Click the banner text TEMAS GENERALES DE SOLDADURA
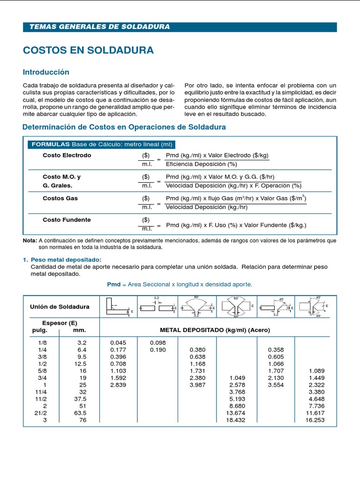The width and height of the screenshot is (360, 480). pyautogui.click(x=99, y=27)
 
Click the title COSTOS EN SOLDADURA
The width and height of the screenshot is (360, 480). pyautogui.click(x=88, y=50)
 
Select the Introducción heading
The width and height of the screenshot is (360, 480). pyautogui.click(x=46, y=72)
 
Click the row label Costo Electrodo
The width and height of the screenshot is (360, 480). pyautogui.click(x=67, y=155)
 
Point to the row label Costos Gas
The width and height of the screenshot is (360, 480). pyautogui.click(x=60, y=198)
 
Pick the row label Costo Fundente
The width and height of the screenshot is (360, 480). pyautogui.click(x=67, y=220)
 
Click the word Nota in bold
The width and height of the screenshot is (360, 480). pyautogui.click(x=30, y=240)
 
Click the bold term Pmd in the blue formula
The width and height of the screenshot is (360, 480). pyautogui.click(x=114, y=284)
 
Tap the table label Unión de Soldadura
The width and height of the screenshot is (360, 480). pyautogui.click(x=60, y=307)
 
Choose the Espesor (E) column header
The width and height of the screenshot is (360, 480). pyautogui.click(x=60, y=323)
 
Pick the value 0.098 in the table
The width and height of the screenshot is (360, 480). pyautogui.click(x=157, y=342)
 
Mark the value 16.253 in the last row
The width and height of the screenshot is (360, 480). pyautogui.click(x=315, y=420)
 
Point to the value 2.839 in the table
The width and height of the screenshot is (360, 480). pyautogui.click(x=119, y=385)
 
